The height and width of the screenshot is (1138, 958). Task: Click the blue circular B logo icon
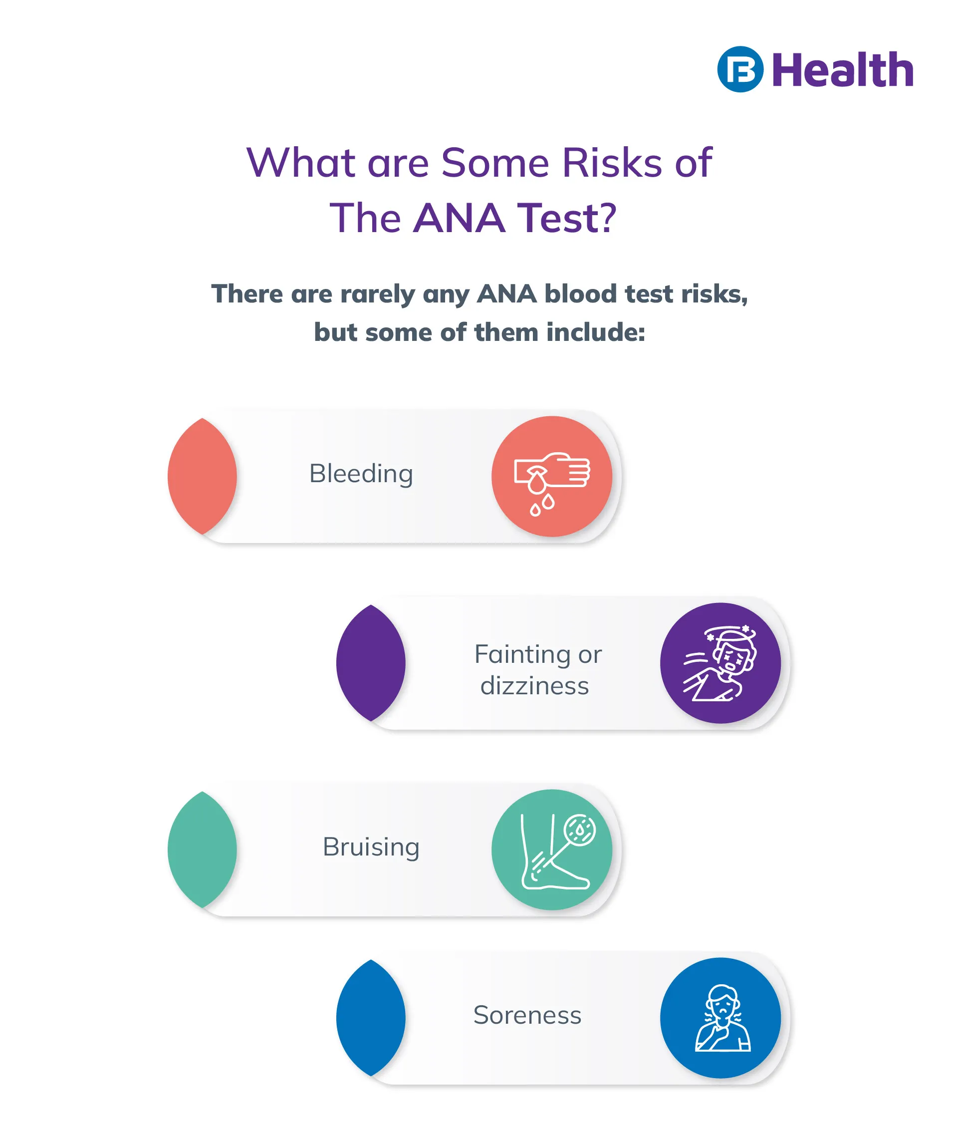(x=740, y=69)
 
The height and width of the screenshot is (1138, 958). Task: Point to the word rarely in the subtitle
(x=377, y=294)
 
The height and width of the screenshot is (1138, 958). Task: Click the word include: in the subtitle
(x=596, y=332)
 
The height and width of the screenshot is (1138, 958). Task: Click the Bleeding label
(x=361, y=474)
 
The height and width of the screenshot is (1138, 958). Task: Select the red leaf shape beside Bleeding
(x=202, y=476)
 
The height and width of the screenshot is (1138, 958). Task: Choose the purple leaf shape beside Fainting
(x=371, y=663)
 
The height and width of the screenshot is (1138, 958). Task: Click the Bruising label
(x=371, y=847)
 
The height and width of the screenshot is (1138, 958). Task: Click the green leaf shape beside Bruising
(x=202, y=850)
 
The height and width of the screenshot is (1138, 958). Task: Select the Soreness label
(x=527, y=1015)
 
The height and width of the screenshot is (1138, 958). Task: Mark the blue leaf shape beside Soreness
(x=371, y=1018)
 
